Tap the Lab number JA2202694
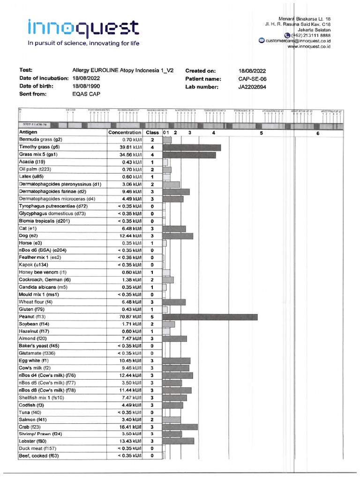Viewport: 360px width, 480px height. [254, 87]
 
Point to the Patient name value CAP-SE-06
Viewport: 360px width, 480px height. [252, 79]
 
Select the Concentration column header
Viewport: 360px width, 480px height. [124, 133]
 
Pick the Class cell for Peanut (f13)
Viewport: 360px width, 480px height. [152, 317]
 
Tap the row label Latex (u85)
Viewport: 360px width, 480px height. [30, 177]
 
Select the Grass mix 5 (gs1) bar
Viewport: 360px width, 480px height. [189, 155]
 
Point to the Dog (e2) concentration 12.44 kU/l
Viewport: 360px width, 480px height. [126, 236]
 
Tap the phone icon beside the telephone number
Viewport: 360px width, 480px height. [287, 35]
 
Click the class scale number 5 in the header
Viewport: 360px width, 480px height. [261, 133]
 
